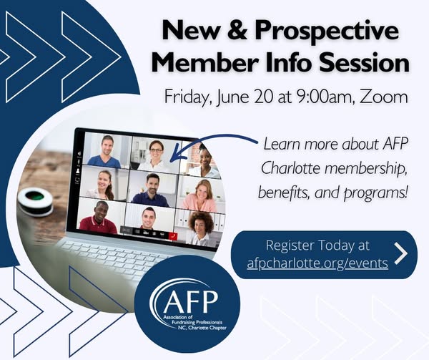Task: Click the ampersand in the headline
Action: [x=239, y=30]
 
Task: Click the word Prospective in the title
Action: [x=327, y=31]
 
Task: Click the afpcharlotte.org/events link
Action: [x=317, y=263]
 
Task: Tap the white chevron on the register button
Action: [x=401, y=253]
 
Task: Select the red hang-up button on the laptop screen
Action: [x=172, y=236]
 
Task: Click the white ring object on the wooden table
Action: [x=36, y=200]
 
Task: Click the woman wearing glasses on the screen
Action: [x=156, y=155]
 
